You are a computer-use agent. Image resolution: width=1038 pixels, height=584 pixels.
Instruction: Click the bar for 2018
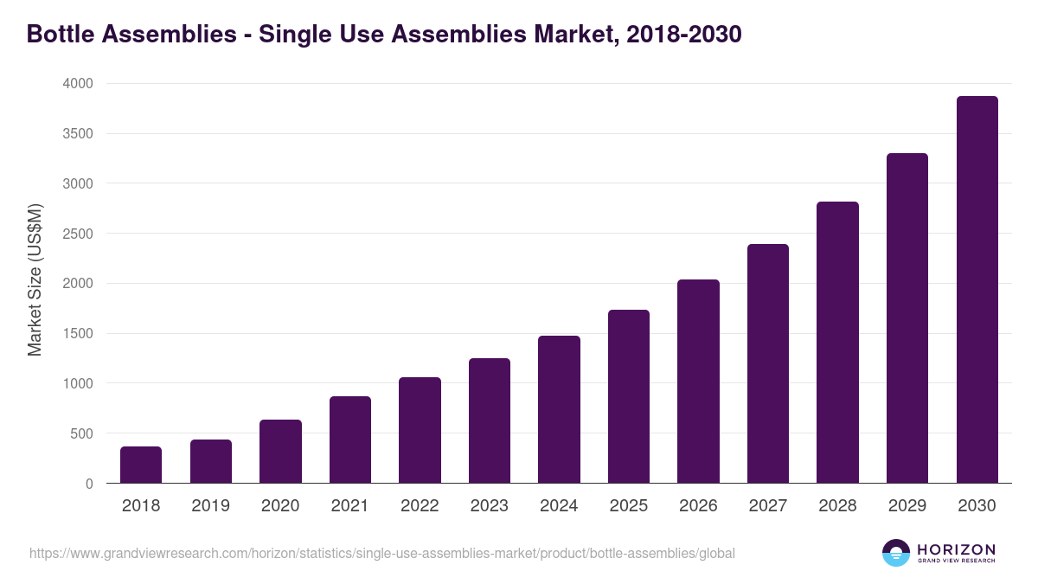pos(141,465)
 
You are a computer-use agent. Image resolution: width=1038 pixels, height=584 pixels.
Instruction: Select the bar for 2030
pos(977,290)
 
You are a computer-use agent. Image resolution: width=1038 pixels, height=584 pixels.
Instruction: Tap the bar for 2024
pos(559,409)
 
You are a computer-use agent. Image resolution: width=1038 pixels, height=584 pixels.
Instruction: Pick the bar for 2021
pos(350,440)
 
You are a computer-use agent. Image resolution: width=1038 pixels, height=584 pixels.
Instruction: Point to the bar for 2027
pos(768,363)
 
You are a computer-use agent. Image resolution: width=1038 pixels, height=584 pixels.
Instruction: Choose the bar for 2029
pos(907,318)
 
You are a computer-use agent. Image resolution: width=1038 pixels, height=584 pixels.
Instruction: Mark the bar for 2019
pos(211,461)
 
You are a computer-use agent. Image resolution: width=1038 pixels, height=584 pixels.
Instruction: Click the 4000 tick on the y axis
pos(77,84)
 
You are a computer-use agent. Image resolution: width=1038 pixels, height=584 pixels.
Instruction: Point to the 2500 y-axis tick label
pos(77,234)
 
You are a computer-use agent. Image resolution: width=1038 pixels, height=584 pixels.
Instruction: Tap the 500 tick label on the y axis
pos(81,433)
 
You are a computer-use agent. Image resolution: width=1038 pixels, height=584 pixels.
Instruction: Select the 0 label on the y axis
pos(89,484)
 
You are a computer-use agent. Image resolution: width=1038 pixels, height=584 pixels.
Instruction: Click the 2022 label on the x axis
pos(420,506)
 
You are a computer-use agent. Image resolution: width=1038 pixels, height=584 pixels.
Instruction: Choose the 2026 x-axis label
pos(698,506)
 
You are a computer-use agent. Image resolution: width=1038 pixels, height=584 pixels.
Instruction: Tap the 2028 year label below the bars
pos(837,506)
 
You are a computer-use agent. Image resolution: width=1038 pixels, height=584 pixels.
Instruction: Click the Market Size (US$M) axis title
pos(35,279)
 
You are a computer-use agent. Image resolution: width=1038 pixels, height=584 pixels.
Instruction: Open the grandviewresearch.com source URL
pos(381,553)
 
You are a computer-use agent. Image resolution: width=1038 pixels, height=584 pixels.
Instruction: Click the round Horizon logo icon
pos(895,553)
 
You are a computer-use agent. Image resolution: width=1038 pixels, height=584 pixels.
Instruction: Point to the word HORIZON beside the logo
pos(956,549)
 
